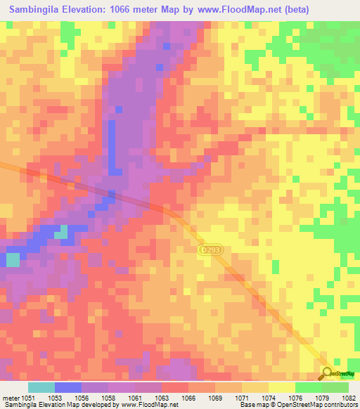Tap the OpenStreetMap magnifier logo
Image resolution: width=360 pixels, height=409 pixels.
coord(327,373)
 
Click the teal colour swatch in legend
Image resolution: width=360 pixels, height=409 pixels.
coord(41,387)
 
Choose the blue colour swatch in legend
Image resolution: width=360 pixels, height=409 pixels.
coord(68,387)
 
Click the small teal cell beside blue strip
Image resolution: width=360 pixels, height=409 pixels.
coord(62,232)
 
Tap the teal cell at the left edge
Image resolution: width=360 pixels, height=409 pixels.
coord(13,259)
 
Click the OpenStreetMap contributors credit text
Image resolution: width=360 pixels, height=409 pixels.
coord(317,405)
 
